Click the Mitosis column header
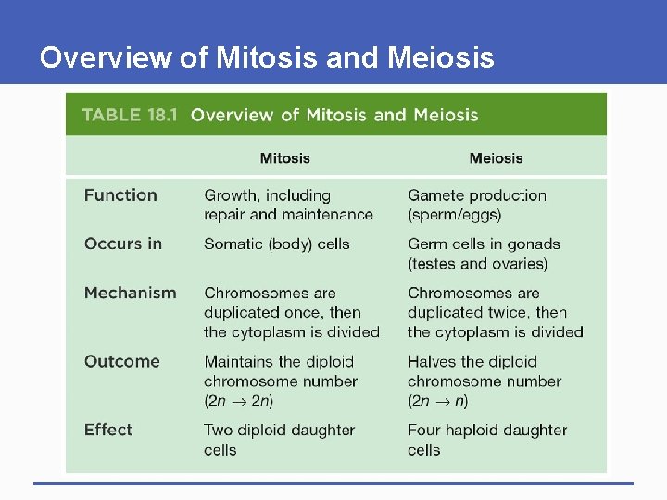click(x=285, y=158)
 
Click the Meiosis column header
click(x=496, y=158)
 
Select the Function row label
click(x=120, y=195)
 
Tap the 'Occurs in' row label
click(x=122, y=244)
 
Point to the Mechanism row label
click(x=130, y=293)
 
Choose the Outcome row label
click(x=121, y=361)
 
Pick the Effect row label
click(x=108, y=430)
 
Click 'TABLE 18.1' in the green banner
click(x=129, y=116)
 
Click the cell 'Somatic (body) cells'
click(x=277, y=244)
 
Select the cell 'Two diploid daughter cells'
click(x=279, y=440)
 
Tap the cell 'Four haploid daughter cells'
click(x=486, y=440)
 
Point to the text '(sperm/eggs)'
click(x=454, y=215)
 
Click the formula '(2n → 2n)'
click(x=239, y=401)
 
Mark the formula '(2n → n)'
click(x=438, y=401)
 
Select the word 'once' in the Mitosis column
click(x=313, y=313)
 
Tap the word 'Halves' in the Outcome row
click(x=435, y=361)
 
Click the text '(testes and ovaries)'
click(x=477, y=264)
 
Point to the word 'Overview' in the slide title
click(x=106, y=58)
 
